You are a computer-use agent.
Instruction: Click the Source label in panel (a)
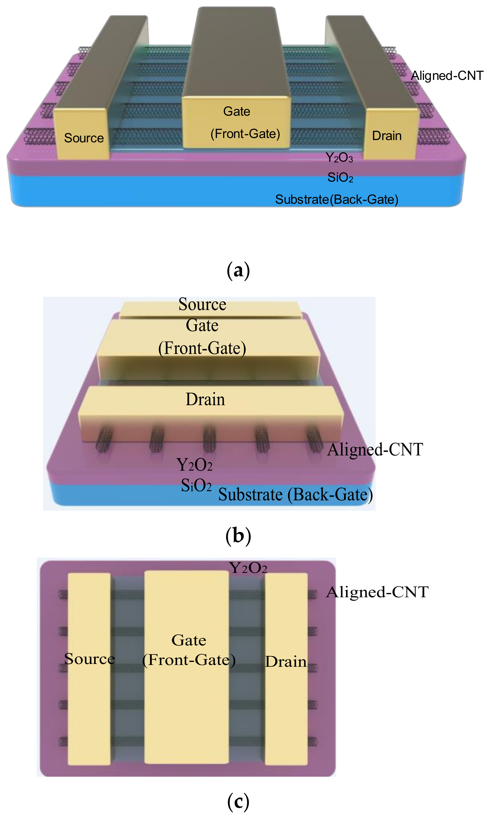point(84,138)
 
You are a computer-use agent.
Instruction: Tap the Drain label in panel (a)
point(387,136)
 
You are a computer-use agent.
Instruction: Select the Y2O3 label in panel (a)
point(339,158)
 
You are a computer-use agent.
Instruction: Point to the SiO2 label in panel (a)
point(340,178)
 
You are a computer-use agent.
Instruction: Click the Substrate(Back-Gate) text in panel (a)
point(336,199)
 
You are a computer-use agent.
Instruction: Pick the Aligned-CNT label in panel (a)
point(447,76)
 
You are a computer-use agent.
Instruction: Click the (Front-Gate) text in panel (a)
point(245,134)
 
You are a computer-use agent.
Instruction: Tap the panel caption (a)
point(238,270)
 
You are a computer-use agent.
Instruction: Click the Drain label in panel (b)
point(205,399)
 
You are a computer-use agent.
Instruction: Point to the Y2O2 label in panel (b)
point(194,465)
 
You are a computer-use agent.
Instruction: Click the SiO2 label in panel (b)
point(196,485)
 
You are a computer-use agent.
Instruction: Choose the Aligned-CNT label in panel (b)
point(375,449)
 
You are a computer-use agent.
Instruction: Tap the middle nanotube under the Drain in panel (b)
point(209,439)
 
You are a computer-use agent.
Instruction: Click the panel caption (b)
point(238,535)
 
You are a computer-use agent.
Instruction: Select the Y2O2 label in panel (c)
point(248,568)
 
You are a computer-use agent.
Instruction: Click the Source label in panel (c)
point(90,659)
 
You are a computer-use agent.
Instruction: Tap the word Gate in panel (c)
point(189,640)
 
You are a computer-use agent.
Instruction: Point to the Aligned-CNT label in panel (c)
point(377,592)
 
